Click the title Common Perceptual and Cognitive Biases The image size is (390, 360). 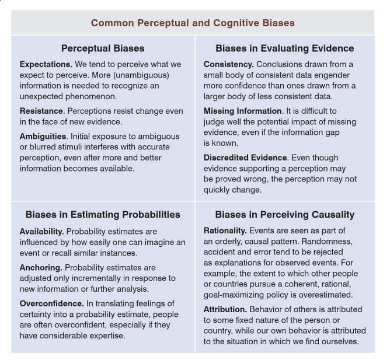pos(193,23)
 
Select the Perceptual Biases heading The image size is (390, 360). pos(103,48)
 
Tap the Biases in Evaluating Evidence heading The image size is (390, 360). pos(284,48)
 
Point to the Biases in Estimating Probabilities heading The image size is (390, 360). pos(103,215)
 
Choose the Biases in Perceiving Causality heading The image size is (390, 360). pos(284,215)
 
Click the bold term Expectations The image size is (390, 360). pos(46,64)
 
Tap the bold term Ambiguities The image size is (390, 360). pos(43,136)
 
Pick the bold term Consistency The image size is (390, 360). pos(228,64)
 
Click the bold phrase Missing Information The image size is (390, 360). pos(242,111)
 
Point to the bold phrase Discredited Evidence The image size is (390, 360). pos(245,158)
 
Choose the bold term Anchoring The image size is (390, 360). pos(40,268)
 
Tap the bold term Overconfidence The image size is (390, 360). pos(51,303)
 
